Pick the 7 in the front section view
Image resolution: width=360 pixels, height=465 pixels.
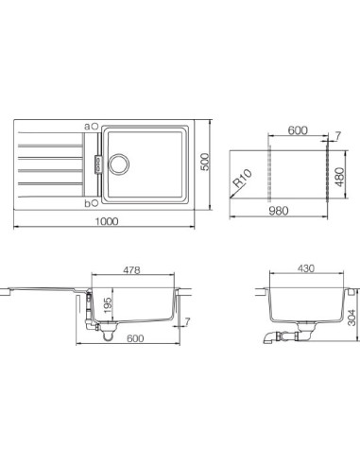[x=187, y=323]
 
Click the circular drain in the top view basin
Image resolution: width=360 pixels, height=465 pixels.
[x=121, y=163]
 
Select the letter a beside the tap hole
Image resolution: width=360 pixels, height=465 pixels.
[x=87, y=125]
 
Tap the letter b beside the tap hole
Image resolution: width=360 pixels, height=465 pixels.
[x=87, y=201]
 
